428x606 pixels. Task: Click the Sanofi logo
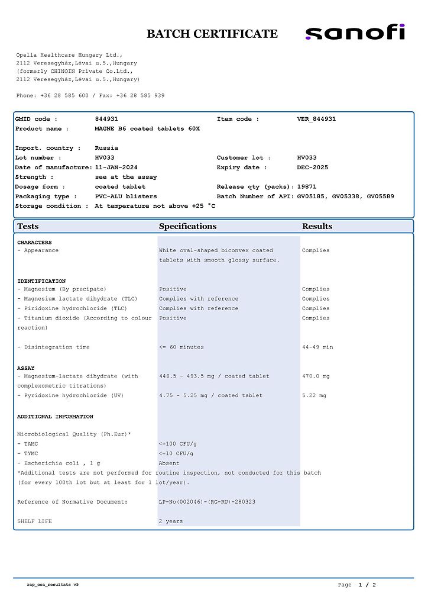[x=355, y=33]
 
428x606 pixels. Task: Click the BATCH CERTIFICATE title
[x=212, y=34]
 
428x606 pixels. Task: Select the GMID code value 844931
[x=106, y=119]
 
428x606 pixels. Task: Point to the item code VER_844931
[x=316, y=119]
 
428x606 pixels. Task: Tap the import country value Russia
[x=106, y=148]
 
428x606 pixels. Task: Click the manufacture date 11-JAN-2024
[x=116, y=167]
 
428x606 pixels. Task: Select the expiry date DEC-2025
[x=313, y=167]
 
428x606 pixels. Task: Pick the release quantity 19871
[x=307, y=186]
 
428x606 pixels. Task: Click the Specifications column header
[x=187, y=226]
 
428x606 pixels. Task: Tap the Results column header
[x=317, y=226]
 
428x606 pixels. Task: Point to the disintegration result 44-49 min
[x=317, y=347]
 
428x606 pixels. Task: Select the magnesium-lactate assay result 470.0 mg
[x=316, y=376]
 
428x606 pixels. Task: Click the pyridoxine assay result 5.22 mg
[x=314, y=395]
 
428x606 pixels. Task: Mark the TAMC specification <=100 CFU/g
[x=178, y=444]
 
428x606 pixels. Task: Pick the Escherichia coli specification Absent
[x=169, y=463]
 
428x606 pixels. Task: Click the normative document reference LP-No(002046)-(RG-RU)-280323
[x=206, y=502]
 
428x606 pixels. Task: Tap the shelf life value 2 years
[x=171, y=521]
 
